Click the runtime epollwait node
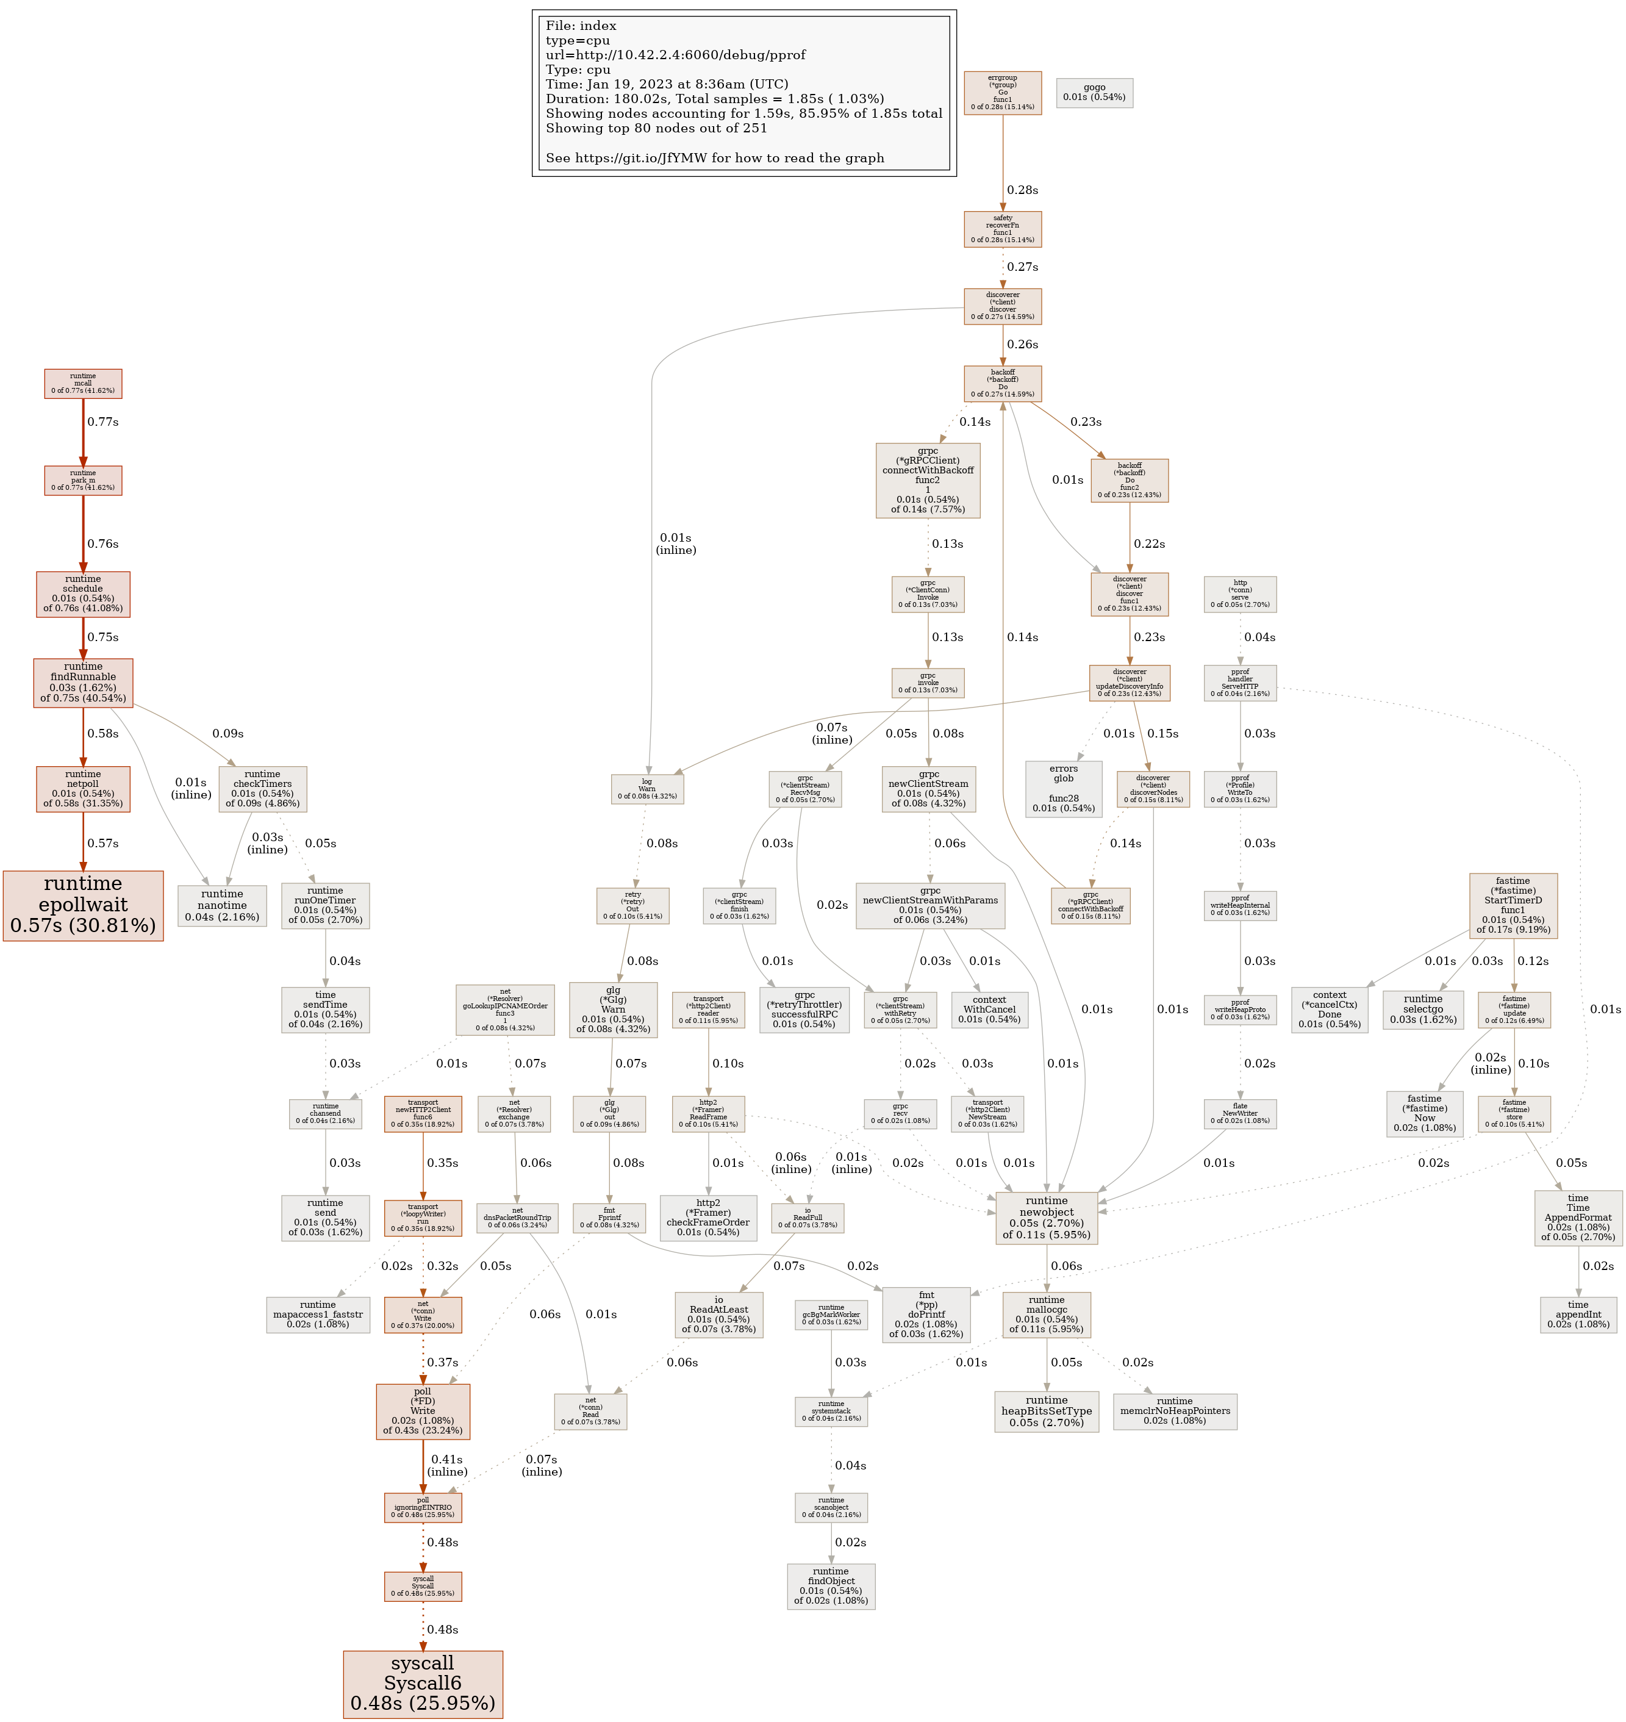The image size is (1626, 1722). click(x=83, y=905)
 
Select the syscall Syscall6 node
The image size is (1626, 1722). click(x=423, y=1683)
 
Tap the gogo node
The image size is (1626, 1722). click(x=1094, y=93)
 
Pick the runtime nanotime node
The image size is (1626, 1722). click(x=222, y=905)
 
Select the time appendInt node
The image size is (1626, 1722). click(x=1577, y=1315)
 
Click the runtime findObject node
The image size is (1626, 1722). click(x=830, y=1586)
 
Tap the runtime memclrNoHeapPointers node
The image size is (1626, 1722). click(x=1175, y=1411)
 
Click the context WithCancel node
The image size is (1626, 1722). click(x=989, y=1010)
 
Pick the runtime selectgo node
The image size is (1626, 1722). click(x=1423, y=1009)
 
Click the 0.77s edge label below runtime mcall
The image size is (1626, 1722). click(x=102, y=422)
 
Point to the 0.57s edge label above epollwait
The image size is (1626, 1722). click(x=102, y=843)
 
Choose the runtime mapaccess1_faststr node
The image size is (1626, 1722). click(x=318, y=1315)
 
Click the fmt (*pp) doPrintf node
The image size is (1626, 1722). click(x=926, y=1315)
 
